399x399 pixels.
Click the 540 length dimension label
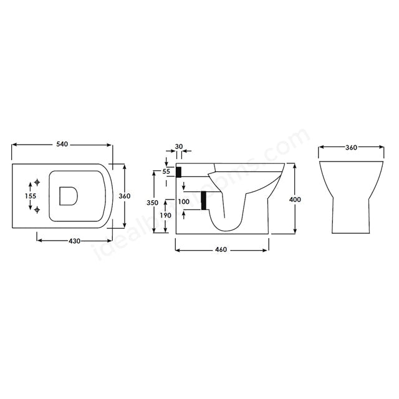(x=61, y=144)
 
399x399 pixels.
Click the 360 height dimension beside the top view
(x=124, y=196)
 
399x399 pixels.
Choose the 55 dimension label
(x=166, y=171)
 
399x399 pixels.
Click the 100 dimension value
(x=183, y=202)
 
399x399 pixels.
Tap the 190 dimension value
(x=166, y=215)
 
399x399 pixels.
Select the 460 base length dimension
(x=221, y=249)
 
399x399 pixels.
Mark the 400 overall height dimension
(x=296, y=199)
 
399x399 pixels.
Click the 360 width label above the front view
(x=351, y=148)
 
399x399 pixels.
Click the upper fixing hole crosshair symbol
(x=37, y=182)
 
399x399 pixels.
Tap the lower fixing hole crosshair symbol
(x=37, y=209)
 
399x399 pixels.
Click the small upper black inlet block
(x=179, y=171)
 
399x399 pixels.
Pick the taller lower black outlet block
(x=203, y=201)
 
